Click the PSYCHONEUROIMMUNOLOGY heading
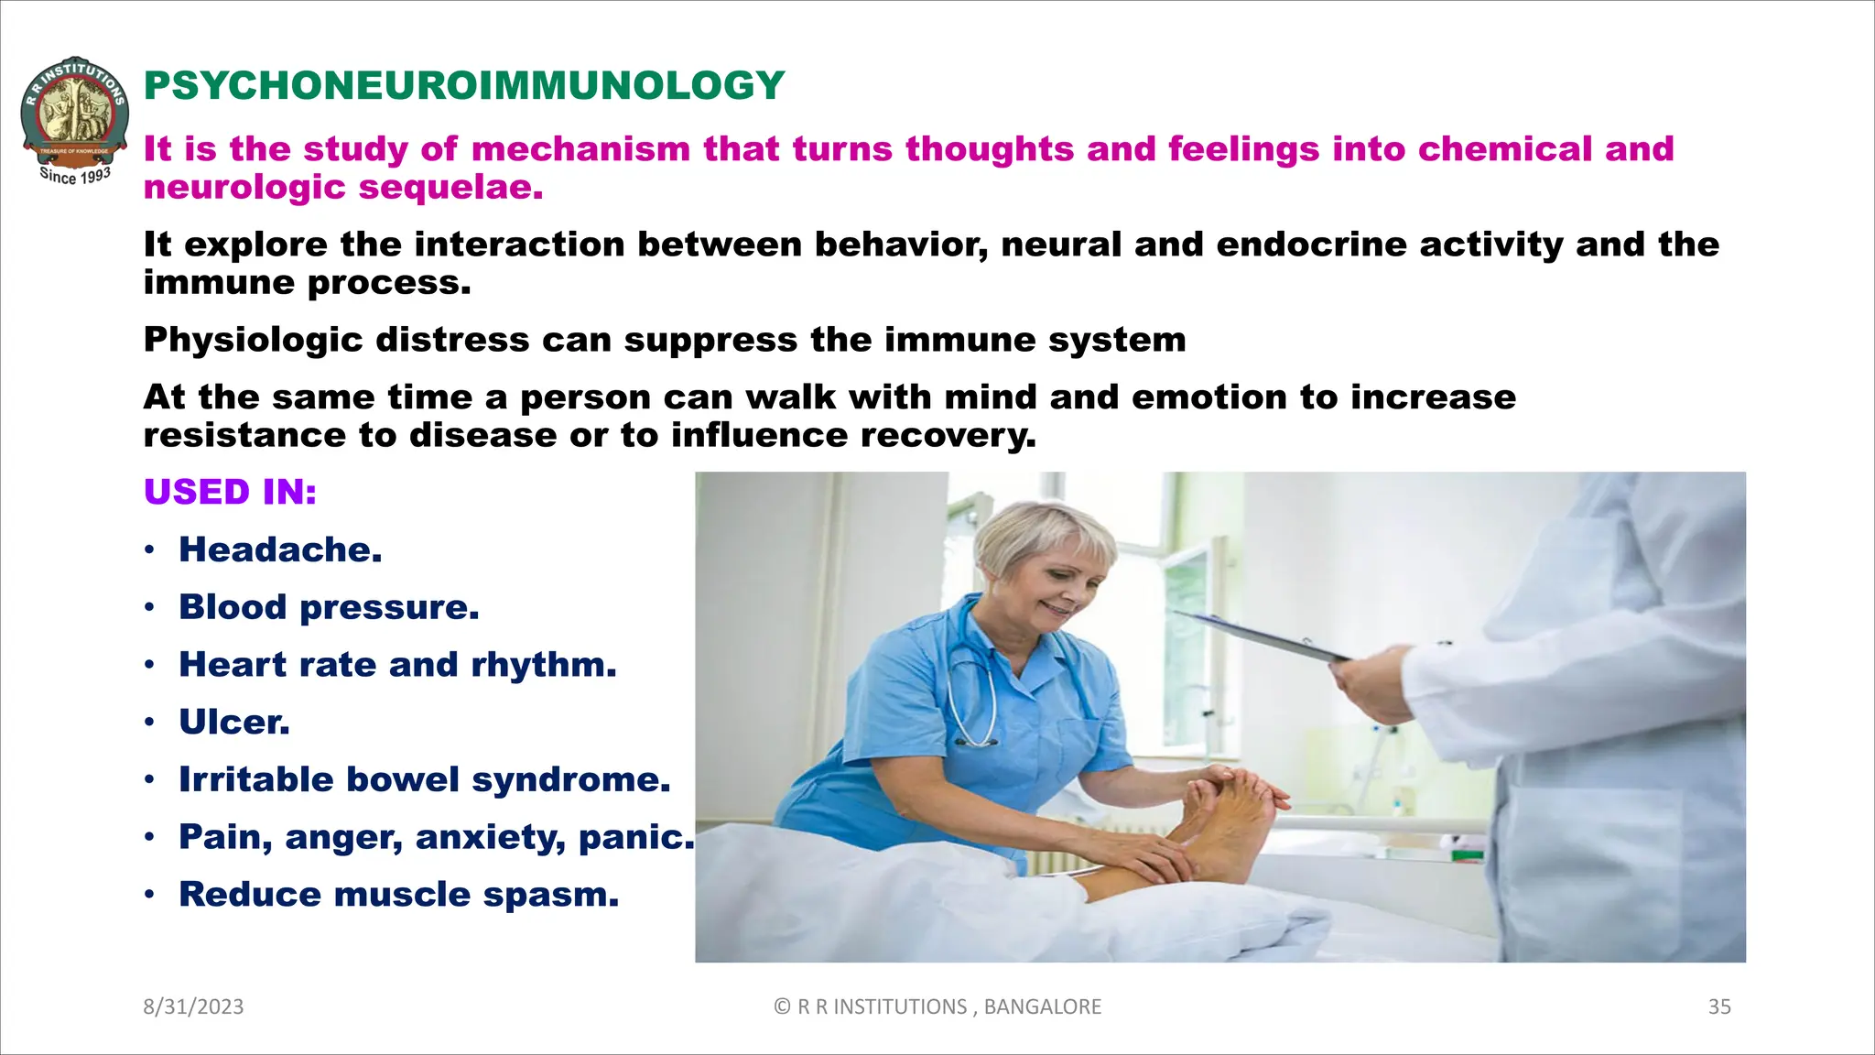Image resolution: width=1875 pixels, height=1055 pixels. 464,86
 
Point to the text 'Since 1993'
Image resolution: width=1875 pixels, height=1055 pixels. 75,175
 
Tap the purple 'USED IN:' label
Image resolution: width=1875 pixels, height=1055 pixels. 230,493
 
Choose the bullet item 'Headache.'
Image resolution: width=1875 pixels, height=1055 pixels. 280,550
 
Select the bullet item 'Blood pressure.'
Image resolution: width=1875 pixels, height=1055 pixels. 329,608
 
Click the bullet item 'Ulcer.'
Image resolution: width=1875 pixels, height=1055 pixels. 234,723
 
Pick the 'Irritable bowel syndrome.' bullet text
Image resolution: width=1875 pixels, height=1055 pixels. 425,780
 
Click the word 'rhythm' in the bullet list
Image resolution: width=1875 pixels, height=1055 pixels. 543,666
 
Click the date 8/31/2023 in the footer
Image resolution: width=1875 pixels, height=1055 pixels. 193,1006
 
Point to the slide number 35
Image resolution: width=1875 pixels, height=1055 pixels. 1718,1006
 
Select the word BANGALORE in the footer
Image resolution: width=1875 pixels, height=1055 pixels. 1042,1006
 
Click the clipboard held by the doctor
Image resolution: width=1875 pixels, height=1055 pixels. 1263,638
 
